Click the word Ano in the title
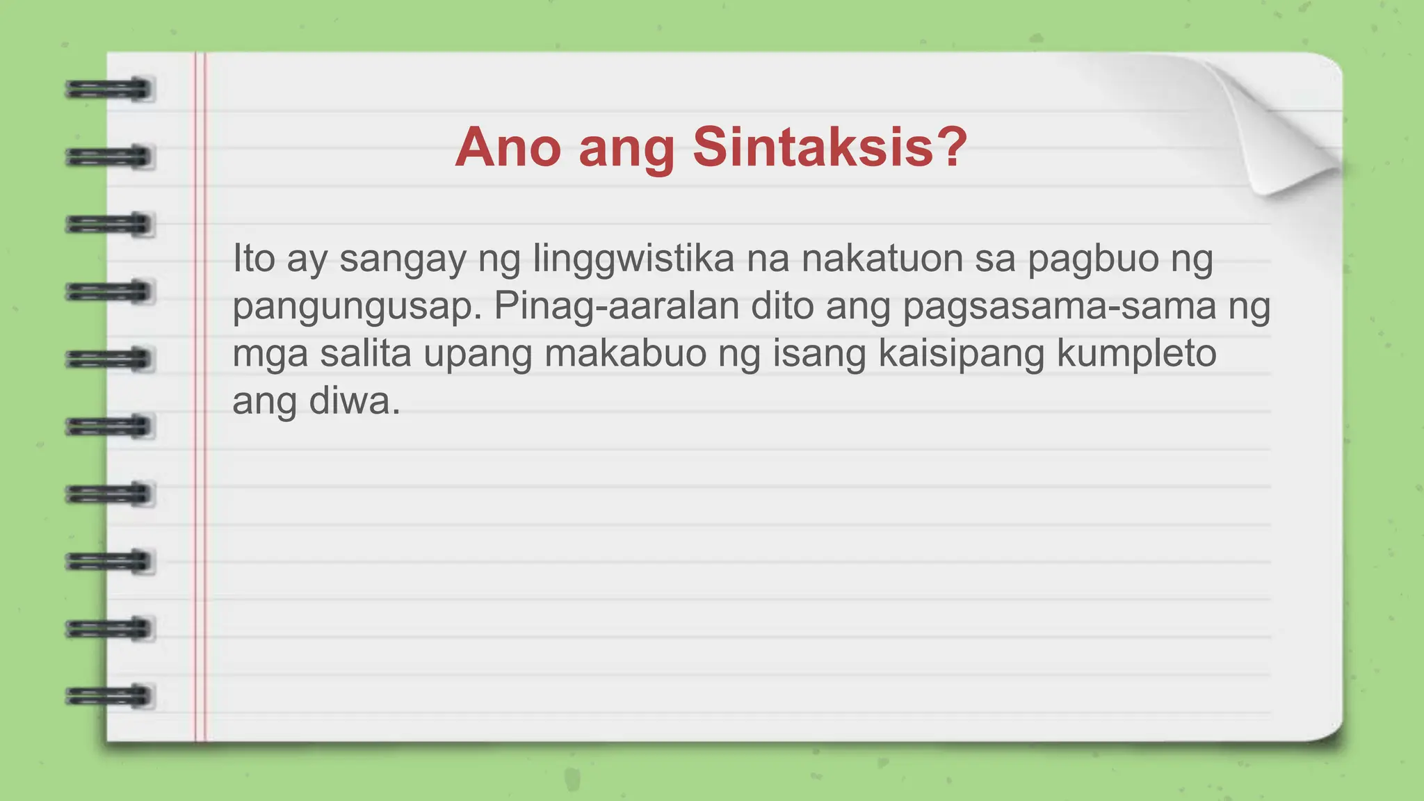pyautogui.click(x=508, y=147)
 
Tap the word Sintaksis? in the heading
pyautogui.click(x=830, y=147)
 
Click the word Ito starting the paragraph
pyautogui.click(x=254, y=259)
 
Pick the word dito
pyautogui.click(x=782, y=306)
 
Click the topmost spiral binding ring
pyautogui.click(x=109, y=90)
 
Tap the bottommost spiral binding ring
pyautogui.click(x=109, y=695)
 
